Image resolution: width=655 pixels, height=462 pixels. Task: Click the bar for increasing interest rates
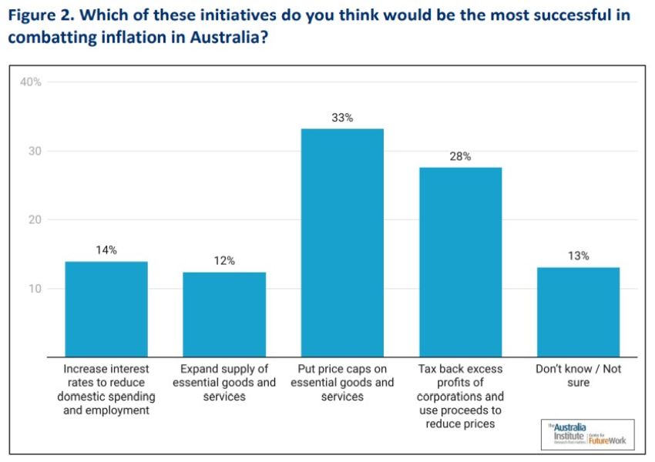[x=106, y=309]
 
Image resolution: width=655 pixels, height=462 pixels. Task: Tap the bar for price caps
[x=342, y=243]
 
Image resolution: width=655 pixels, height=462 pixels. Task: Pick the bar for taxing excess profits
[x=460, y=262]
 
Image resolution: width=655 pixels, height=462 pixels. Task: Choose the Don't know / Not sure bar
[x=578, y=312]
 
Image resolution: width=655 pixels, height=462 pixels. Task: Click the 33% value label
[x=342, y=118]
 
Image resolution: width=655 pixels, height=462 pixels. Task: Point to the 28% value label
[x=460, y=156]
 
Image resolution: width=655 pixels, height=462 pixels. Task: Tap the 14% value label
[x=106, y=250]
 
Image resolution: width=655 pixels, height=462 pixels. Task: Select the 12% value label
[x=224, y=261]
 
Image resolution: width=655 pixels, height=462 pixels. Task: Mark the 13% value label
[x=578, y=256]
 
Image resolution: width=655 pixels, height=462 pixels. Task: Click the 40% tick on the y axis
[x=31, y=82]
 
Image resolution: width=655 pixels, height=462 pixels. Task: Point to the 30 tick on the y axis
[x=35, y=151]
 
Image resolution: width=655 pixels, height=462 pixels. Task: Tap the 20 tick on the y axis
[x=35, y=219]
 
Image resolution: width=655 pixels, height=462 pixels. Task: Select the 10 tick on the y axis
[x=35, y=289]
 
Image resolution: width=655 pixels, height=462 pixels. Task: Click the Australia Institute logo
[x=588, y=434]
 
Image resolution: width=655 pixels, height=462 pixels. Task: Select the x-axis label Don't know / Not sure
[x=578, y=376]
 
